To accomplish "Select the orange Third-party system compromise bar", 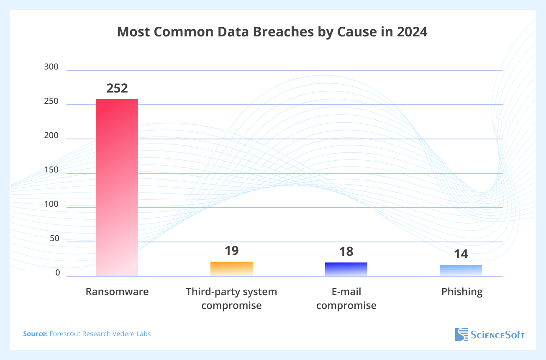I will tap(231, 269).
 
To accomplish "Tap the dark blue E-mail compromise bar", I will tap(346, 269).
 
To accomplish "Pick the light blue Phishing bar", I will tap(461, 270).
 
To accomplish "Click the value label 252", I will tap(117, 88).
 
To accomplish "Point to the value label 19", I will tap(231, 251).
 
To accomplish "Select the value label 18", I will tap(346, 252).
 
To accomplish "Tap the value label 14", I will tap(461, 254).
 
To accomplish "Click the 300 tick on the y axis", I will tap(51, 67).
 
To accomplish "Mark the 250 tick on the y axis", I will tap(51, 101).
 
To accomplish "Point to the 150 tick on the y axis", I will tap(51, 170).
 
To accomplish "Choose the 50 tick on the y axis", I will tap(54, 239).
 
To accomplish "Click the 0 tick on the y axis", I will tap(58, 273).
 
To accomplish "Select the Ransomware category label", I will tap(117, 292).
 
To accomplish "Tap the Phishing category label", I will tap(462, 292).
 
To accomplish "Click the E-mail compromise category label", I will tap(346, 298).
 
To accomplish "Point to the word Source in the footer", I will tap(35, 334).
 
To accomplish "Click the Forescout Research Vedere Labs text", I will tap(100, 334).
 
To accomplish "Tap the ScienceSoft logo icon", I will tap(461, 334).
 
